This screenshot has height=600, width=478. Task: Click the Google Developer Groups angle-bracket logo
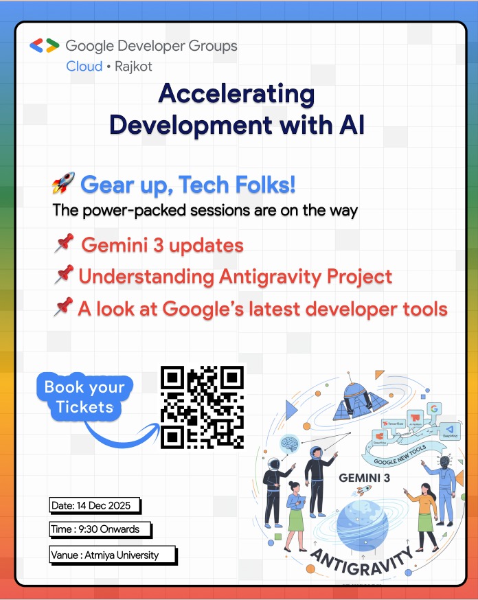tap(45, 46)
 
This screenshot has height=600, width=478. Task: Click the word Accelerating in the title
tap(236, 94)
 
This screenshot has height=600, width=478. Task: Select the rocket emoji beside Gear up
tap(63, 184)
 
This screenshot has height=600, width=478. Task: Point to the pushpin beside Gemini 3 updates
tap(65, 243)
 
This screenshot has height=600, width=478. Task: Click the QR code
tap(203, 406)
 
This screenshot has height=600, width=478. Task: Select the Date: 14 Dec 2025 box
tap(95, 506)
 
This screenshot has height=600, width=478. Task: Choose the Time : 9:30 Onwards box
tap(100, 529)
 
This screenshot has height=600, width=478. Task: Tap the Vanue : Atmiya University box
tap(113, 555)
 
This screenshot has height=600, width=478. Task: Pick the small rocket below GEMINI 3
tap(365, 490)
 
